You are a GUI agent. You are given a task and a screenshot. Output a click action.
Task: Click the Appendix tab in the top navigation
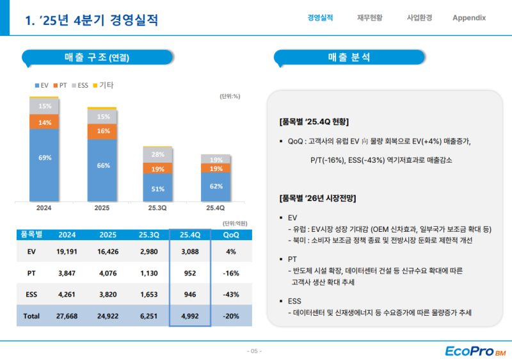pyautogui.click(x=468, y=18)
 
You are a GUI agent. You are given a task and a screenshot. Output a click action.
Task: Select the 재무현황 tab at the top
pyautogui.click(x=370, y=18)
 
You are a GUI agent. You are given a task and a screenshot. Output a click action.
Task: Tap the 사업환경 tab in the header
pyautogui.click(x=419, y=18)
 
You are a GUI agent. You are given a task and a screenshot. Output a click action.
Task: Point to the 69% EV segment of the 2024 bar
pyautogui.click(x=45, y=158)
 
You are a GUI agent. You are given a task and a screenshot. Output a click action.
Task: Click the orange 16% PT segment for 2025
pyautogui.click(x=102, y=131)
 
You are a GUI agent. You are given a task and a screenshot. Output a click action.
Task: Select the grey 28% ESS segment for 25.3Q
pyautogui.click(x=158, y=154)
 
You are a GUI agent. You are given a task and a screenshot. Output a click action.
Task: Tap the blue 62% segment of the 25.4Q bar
pyautogui.click(x=216, y=186)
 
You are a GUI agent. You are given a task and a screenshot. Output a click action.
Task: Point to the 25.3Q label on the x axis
pyautogui.click(x=158, y=208)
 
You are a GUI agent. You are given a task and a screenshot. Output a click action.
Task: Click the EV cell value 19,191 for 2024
pyautogui.click(x=67, y=252)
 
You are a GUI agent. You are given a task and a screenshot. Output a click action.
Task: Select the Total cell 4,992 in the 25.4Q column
pyautogui.click(x=190, y=316)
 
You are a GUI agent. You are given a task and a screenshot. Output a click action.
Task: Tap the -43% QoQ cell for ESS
pyautogui.click(x=231, y=295)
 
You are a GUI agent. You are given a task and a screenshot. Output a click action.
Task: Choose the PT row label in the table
pyautogui.click(x=31, y=274)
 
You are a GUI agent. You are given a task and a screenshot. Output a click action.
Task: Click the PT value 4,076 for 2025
pyautogui.click(x=108, y=274)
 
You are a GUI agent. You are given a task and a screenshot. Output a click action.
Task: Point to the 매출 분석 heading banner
pyautogui.click(x=349, y=58)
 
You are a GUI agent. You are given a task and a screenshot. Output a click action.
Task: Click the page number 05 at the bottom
pyautogui.click(x=255, y=351)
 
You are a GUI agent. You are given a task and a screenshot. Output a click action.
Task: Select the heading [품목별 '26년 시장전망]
pyautogui.click(x=317, y=197)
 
